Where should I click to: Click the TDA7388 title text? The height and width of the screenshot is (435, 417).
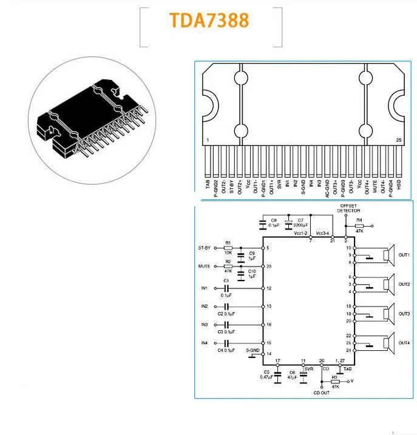[209, 20]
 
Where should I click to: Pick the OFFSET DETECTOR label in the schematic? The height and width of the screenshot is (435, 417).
[349, 208]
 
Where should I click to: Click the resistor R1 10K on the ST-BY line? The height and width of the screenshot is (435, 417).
[228, 248]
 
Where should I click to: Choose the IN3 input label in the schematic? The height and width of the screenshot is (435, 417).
[205, 325]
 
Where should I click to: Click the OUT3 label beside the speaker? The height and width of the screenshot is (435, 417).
[404, 314]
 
